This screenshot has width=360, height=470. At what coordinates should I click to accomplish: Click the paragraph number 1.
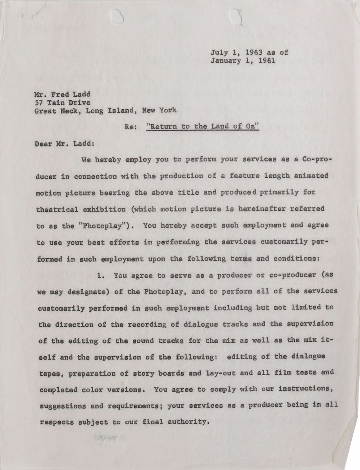pyautogui.click(x=101, y=275)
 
